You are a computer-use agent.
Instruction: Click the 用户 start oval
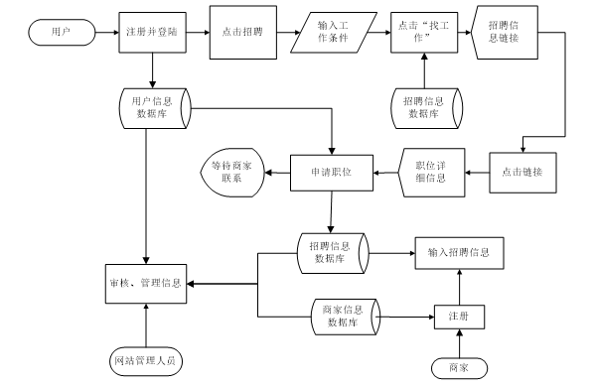(x=60, y=33)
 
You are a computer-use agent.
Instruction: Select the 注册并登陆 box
(x=153, y=32)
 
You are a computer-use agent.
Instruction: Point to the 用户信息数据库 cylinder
(x=152, y=107)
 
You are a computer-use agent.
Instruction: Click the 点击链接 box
(x=521, y=171)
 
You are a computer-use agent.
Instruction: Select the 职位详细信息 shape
(x=428, y=171)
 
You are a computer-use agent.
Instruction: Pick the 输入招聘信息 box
(x=458, y=252)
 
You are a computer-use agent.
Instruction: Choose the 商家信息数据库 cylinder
(x=342, y=316)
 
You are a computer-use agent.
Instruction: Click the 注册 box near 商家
(x=458, y=316)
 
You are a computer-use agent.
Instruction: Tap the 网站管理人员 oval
(x=145, y=358)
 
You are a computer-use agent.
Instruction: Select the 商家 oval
(x=458, y=367)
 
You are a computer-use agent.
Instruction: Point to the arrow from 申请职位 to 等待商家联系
(x=278, y=171)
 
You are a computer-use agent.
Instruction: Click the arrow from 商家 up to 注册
(x=458, y=342)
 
